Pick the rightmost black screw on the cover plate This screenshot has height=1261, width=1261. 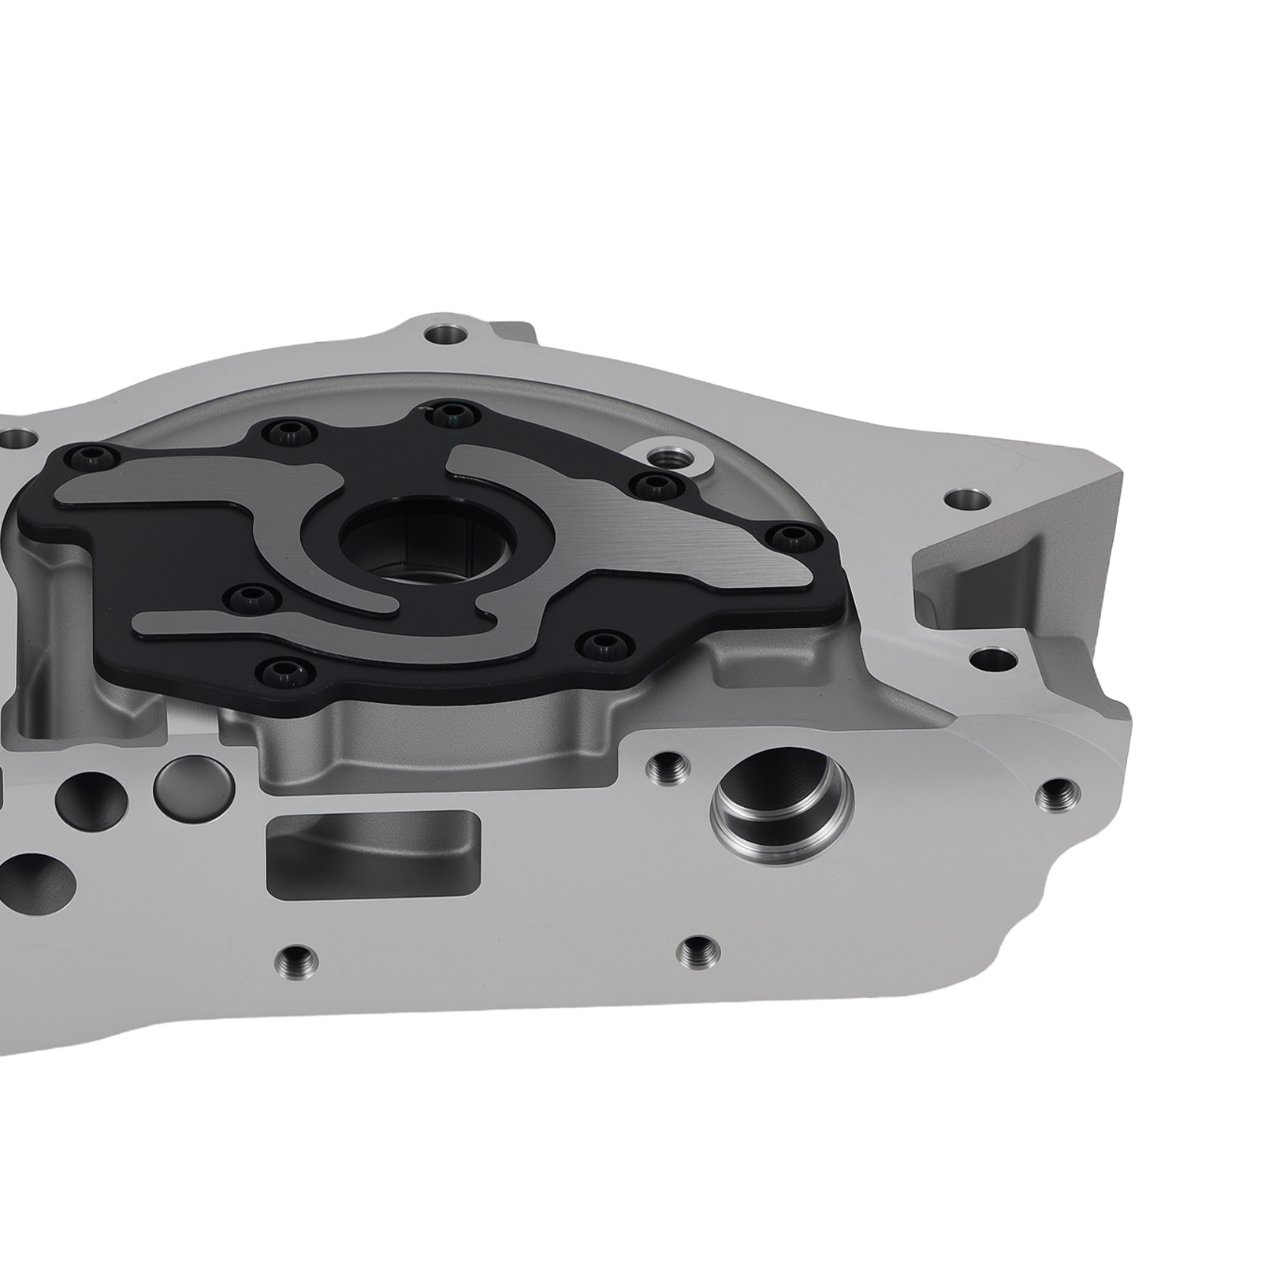[x=790, y=538]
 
